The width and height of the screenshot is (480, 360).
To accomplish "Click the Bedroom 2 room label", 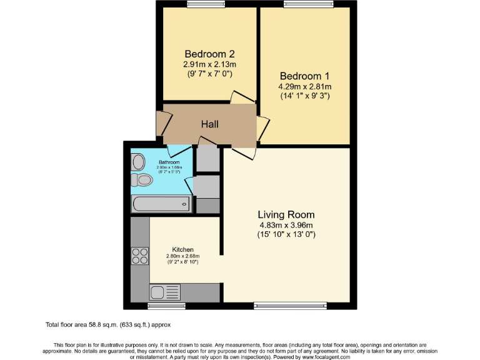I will point(209,54).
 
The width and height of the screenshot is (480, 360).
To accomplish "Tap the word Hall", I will point(209,124).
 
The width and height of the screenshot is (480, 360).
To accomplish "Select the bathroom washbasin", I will point(138,161).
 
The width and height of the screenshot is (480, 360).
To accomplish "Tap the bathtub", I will point(160,202).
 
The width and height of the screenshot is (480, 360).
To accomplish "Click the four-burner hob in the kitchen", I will point(139,256).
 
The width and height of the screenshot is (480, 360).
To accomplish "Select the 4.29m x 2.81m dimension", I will point(305,86).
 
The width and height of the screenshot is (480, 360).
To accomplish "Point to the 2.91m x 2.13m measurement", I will point(209,64).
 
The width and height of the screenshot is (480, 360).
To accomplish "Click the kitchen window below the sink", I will point(166,306).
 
